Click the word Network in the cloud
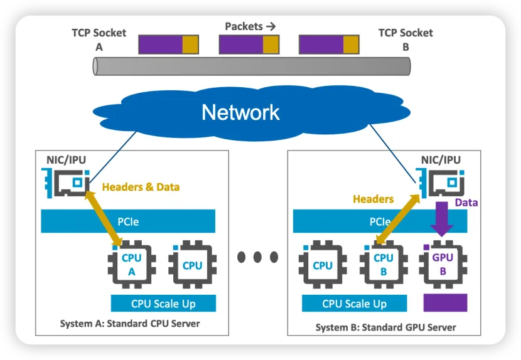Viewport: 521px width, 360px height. pyautogui.click(x=240, y=112)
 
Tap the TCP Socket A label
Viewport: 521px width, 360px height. pyautogui.click(x=99, y=39)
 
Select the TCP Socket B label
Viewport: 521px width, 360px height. pyautogui.click(x=406, y=39)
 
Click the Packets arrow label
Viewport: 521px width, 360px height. pyautogui.click(x=250, y=26)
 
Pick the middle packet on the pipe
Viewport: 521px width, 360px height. pyautogui.click(x=249, y=44)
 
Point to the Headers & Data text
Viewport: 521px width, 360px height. pyautogui.click(x=141, y=187)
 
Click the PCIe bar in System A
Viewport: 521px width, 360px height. pyautogui.click(x=128, y=221)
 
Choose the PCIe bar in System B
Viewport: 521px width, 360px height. pyautogui.click(x=380, y=221)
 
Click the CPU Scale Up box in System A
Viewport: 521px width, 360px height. pyautogui.click(x=163, y=304)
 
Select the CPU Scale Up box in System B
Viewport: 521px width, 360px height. pyautogui.click(x=354, y=304)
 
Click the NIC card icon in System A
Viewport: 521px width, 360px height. pyautogui.click(x=67, y=183)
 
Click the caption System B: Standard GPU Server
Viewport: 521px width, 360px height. pyautogui.click(x=385, y=327)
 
